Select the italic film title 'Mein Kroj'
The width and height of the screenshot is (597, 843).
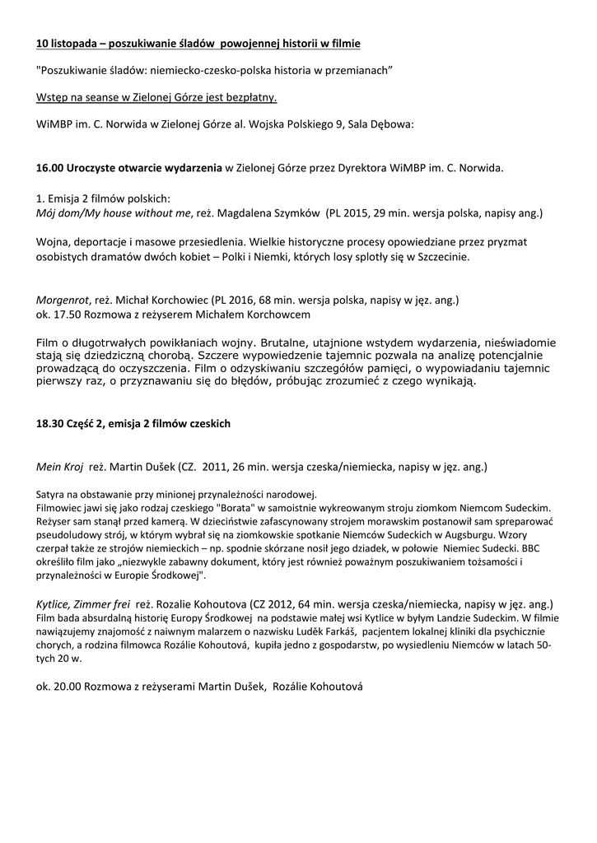point(60,467)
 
